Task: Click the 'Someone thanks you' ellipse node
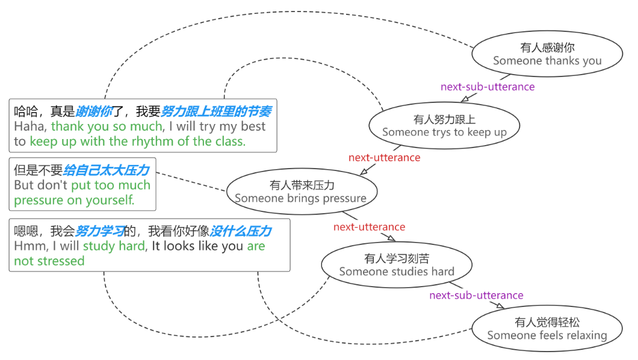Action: point(547,54)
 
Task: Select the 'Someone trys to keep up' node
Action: point(444,126)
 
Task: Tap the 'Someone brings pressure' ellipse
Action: point(301,192)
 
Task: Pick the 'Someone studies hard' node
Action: point(397,265)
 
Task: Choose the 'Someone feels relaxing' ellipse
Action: point(547,329)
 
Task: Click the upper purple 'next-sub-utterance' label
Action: point(488,87)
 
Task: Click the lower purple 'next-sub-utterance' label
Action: point(476,295)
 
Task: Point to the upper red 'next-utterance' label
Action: point(384,157)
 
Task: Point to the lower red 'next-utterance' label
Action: point(369,227)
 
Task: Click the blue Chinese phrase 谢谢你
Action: point(94,111)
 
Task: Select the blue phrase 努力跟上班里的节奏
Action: point(215,111)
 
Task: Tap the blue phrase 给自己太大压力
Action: point(106,170)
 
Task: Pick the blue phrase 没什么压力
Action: point(240,231)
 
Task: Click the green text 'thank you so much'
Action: point(107,126)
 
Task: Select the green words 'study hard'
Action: point(114,246)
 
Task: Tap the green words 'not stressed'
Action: point(49,261)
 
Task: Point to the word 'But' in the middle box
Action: point(24,185)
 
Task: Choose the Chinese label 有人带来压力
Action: point(302,185)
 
